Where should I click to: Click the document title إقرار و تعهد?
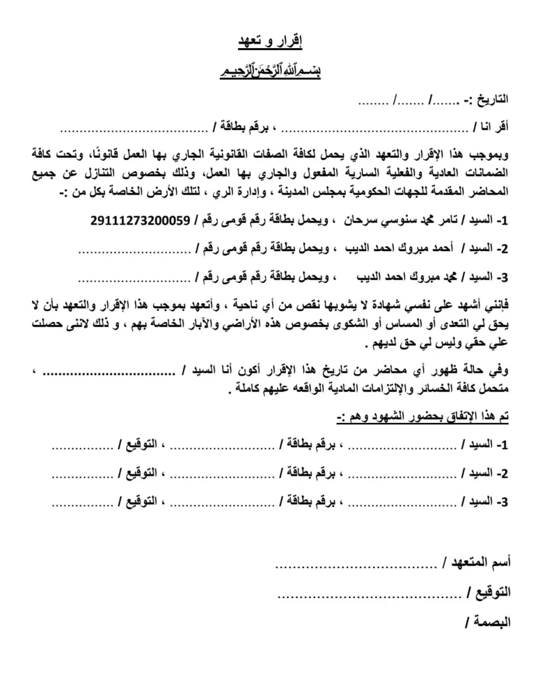(x=271, y=42)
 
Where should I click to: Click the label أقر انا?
(x=491, y=127)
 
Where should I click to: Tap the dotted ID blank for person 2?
(x=135, y=251)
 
